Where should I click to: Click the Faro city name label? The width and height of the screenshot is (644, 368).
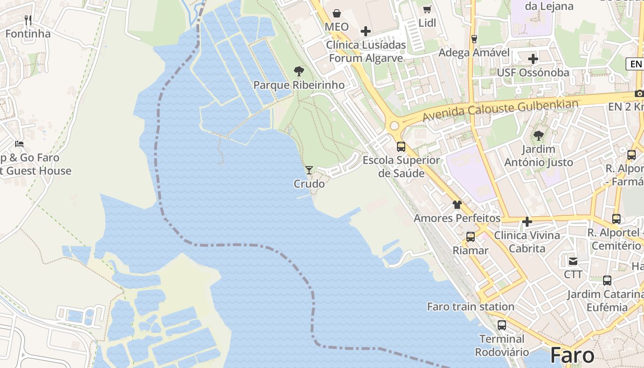(572, 356)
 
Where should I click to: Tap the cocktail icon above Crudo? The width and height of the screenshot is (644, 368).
(309, 170)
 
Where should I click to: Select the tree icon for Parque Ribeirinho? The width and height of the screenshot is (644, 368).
(299, 71)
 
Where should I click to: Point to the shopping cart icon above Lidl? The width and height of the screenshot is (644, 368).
(427, 9)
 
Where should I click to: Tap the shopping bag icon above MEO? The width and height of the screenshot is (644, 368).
(337, 13)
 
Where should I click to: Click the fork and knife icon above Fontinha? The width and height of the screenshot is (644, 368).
(28, 20)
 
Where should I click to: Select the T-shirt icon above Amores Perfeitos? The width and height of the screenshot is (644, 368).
(457, 205)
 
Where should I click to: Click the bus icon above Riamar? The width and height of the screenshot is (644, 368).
(470, 237)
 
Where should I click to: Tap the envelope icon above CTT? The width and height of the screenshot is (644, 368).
(573, 261)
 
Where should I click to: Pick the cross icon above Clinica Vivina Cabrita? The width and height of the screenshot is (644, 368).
(527, 222)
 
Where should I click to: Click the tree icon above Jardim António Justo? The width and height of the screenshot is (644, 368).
(538, 136)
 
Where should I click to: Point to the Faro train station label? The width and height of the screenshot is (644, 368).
(471, 306)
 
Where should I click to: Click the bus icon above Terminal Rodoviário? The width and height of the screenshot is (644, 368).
(501, 325)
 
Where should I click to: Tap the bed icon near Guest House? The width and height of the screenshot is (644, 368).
(19, 144)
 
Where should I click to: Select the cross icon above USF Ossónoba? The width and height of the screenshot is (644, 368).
(533, 59)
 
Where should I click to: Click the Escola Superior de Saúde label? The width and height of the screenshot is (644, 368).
(401, 167)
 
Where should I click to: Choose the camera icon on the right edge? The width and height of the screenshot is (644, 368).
(639, 93)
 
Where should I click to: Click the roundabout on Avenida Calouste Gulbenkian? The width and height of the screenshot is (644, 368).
(394, 126)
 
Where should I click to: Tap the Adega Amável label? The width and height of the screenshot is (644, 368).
(474, 52)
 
